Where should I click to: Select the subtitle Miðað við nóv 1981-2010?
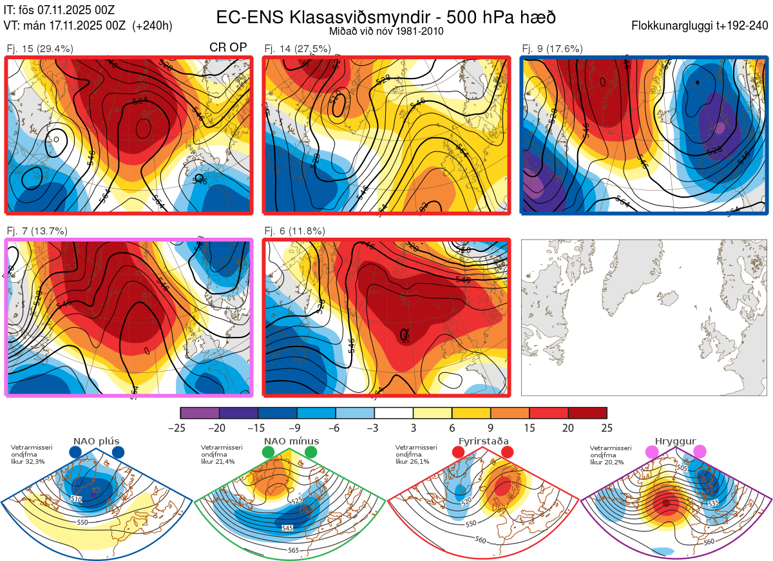[385, 30]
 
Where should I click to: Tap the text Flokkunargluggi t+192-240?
[701, 26]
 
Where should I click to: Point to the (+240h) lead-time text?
[153, 26]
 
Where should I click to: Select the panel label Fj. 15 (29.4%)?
[39, 48]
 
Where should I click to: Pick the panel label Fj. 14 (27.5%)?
[298, 48]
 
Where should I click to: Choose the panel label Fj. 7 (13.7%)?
[37, 231]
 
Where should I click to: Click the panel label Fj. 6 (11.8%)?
[295, 231]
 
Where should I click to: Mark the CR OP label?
[229, 48]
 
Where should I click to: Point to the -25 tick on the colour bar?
[181, 428]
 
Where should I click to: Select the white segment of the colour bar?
[394, 413]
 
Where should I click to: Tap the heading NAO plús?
[96, 441]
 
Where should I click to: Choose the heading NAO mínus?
[291, 441]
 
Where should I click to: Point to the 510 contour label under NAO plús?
[77, 499]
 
